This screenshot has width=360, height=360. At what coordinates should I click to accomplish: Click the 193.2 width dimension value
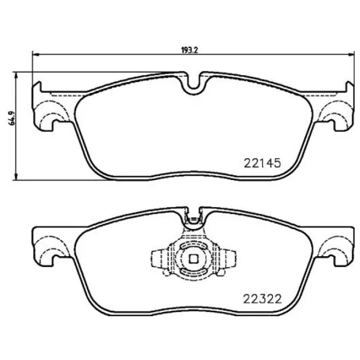190,50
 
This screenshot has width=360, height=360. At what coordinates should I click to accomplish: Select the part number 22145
262,162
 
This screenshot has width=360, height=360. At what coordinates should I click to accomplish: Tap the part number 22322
262,298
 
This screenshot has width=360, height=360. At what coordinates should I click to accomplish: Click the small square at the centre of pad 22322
193,259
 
